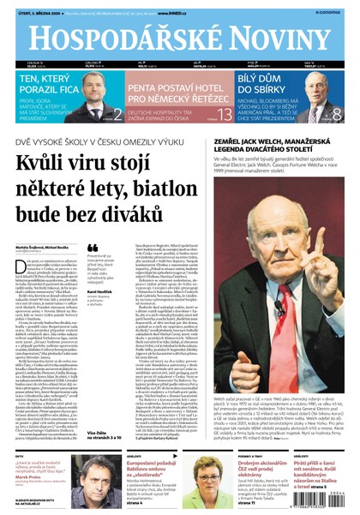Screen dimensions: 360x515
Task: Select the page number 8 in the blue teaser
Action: [336, 114]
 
